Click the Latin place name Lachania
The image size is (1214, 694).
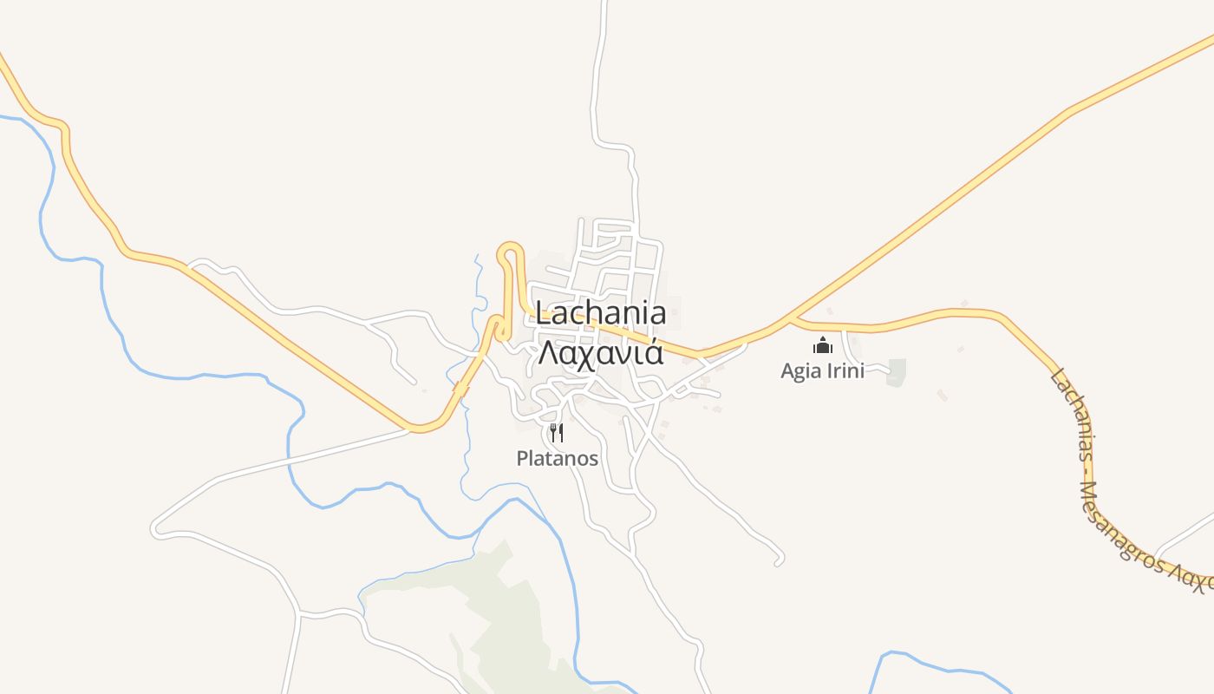[601, 313]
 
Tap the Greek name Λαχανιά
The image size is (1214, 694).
[601, 353]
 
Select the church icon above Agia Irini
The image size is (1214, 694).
[822, 346]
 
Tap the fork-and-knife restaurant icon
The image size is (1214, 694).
[557, 432]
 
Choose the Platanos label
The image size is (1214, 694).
[557, 458]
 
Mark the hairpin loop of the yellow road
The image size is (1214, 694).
[511, 251]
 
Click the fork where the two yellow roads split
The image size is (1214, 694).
[790, 319]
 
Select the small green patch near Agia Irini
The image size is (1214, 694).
[896, 372]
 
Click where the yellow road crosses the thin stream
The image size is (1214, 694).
[460, 391]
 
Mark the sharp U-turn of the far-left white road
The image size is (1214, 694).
[155, 527]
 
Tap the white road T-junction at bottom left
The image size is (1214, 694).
[300, 615]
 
